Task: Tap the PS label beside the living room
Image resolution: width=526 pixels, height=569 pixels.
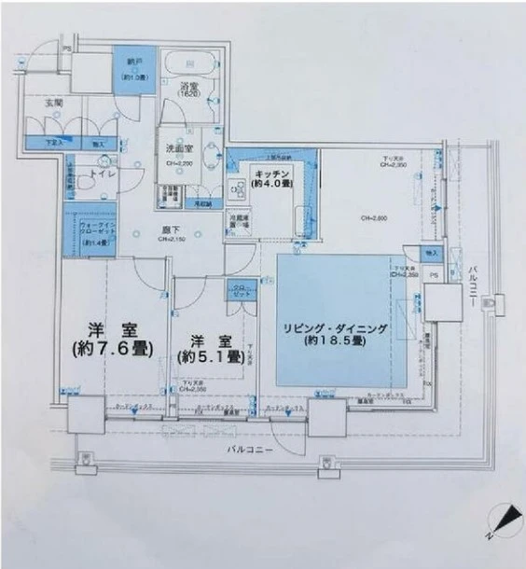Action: tap(432, 275)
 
